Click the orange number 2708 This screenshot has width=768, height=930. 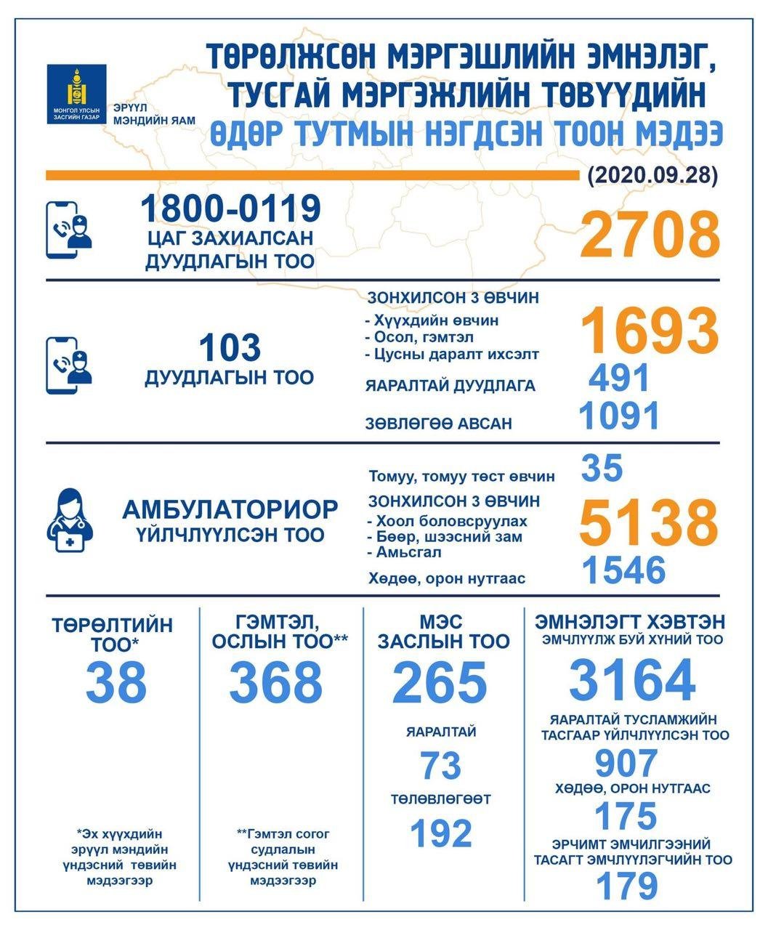point(649,234)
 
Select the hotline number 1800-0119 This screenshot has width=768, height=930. point(230,209)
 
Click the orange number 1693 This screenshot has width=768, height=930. point(650,330)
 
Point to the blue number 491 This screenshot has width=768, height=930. point(619,379)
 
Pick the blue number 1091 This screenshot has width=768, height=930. point(619,416)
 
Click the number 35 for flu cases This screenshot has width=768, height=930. point(602,468)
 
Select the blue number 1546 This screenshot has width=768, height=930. point(624,570)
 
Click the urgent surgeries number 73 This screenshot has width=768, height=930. point(440,765)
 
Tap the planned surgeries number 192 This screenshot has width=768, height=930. point(441,833)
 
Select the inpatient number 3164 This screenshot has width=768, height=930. point(631,680)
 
